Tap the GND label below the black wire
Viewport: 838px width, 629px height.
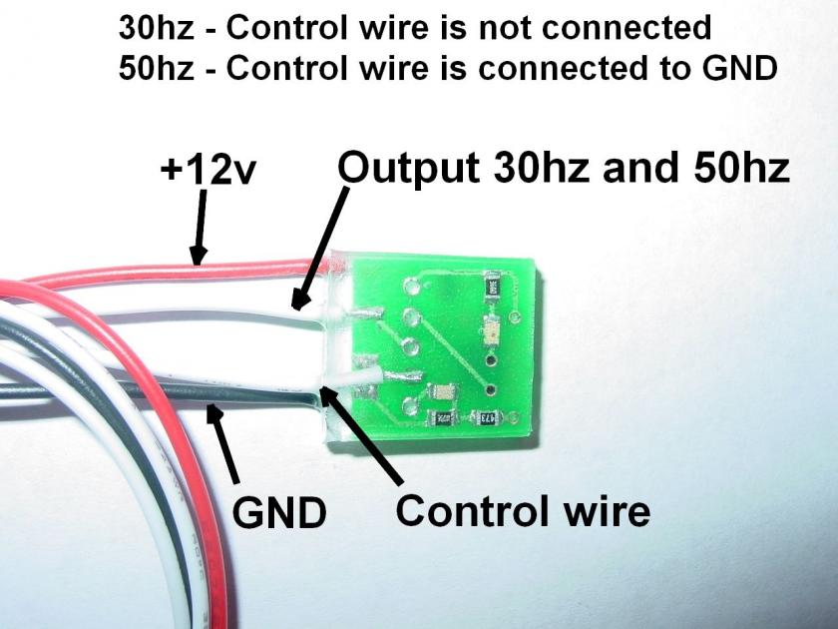(279, 513)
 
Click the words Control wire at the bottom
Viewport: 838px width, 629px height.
(523, 510)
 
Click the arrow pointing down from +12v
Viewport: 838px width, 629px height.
(201, 231)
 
